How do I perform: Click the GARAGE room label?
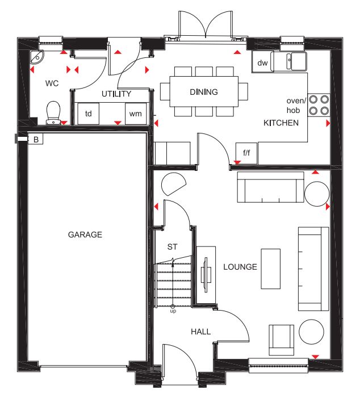(x=85, y=235)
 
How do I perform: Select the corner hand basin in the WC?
(x=36, y=57)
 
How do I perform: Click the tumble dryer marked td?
(x=88, y=114)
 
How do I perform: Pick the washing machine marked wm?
(x=135, y=114)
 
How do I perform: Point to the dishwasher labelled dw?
(x=262, y=62)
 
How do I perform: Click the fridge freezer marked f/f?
(x=246, y=153)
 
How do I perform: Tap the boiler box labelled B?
(x=36, y=139)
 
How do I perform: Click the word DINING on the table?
(x=204, y=92)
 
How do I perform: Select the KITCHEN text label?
(x=281, y=123)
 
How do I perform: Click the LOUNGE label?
(x=240, y=267)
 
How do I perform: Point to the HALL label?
(x=201, y=332)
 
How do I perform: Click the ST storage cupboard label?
(x=172, y=247)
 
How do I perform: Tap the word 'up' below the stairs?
(x=173, y=311)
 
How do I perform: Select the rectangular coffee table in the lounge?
(x=270, y=269)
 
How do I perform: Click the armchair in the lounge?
(x=281, y=340)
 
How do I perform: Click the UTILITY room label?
(x=116, y=94)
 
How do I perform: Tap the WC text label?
(x=52, y=83)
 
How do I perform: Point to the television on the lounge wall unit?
(x=205, y=275)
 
